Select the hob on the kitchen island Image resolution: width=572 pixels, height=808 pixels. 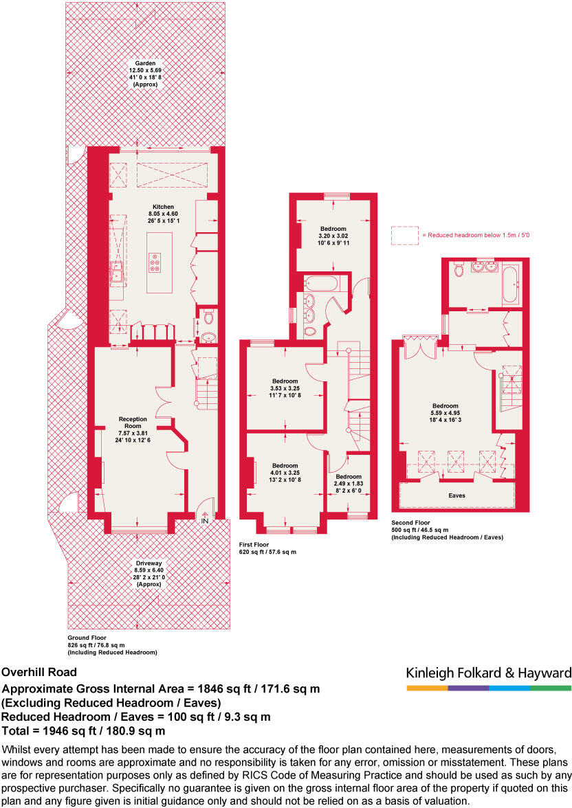(x=155, y=262)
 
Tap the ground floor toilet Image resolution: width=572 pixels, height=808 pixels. (x=208, y=317)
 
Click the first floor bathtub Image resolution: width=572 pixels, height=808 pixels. (x=321, y=283)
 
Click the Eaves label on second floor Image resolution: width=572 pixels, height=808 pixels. (x=457, y=496)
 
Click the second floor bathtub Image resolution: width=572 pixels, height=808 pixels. (x=511, y=284)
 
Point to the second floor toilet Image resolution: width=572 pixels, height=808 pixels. (x=459, y=270)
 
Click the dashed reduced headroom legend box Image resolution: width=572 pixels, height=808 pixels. (x=405, y=236)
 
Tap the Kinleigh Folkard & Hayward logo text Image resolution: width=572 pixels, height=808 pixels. (x=488, y=673)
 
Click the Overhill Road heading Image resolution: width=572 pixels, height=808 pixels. (x=39, y=672)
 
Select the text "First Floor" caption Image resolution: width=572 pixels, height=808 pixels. (x=254, y=545)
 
